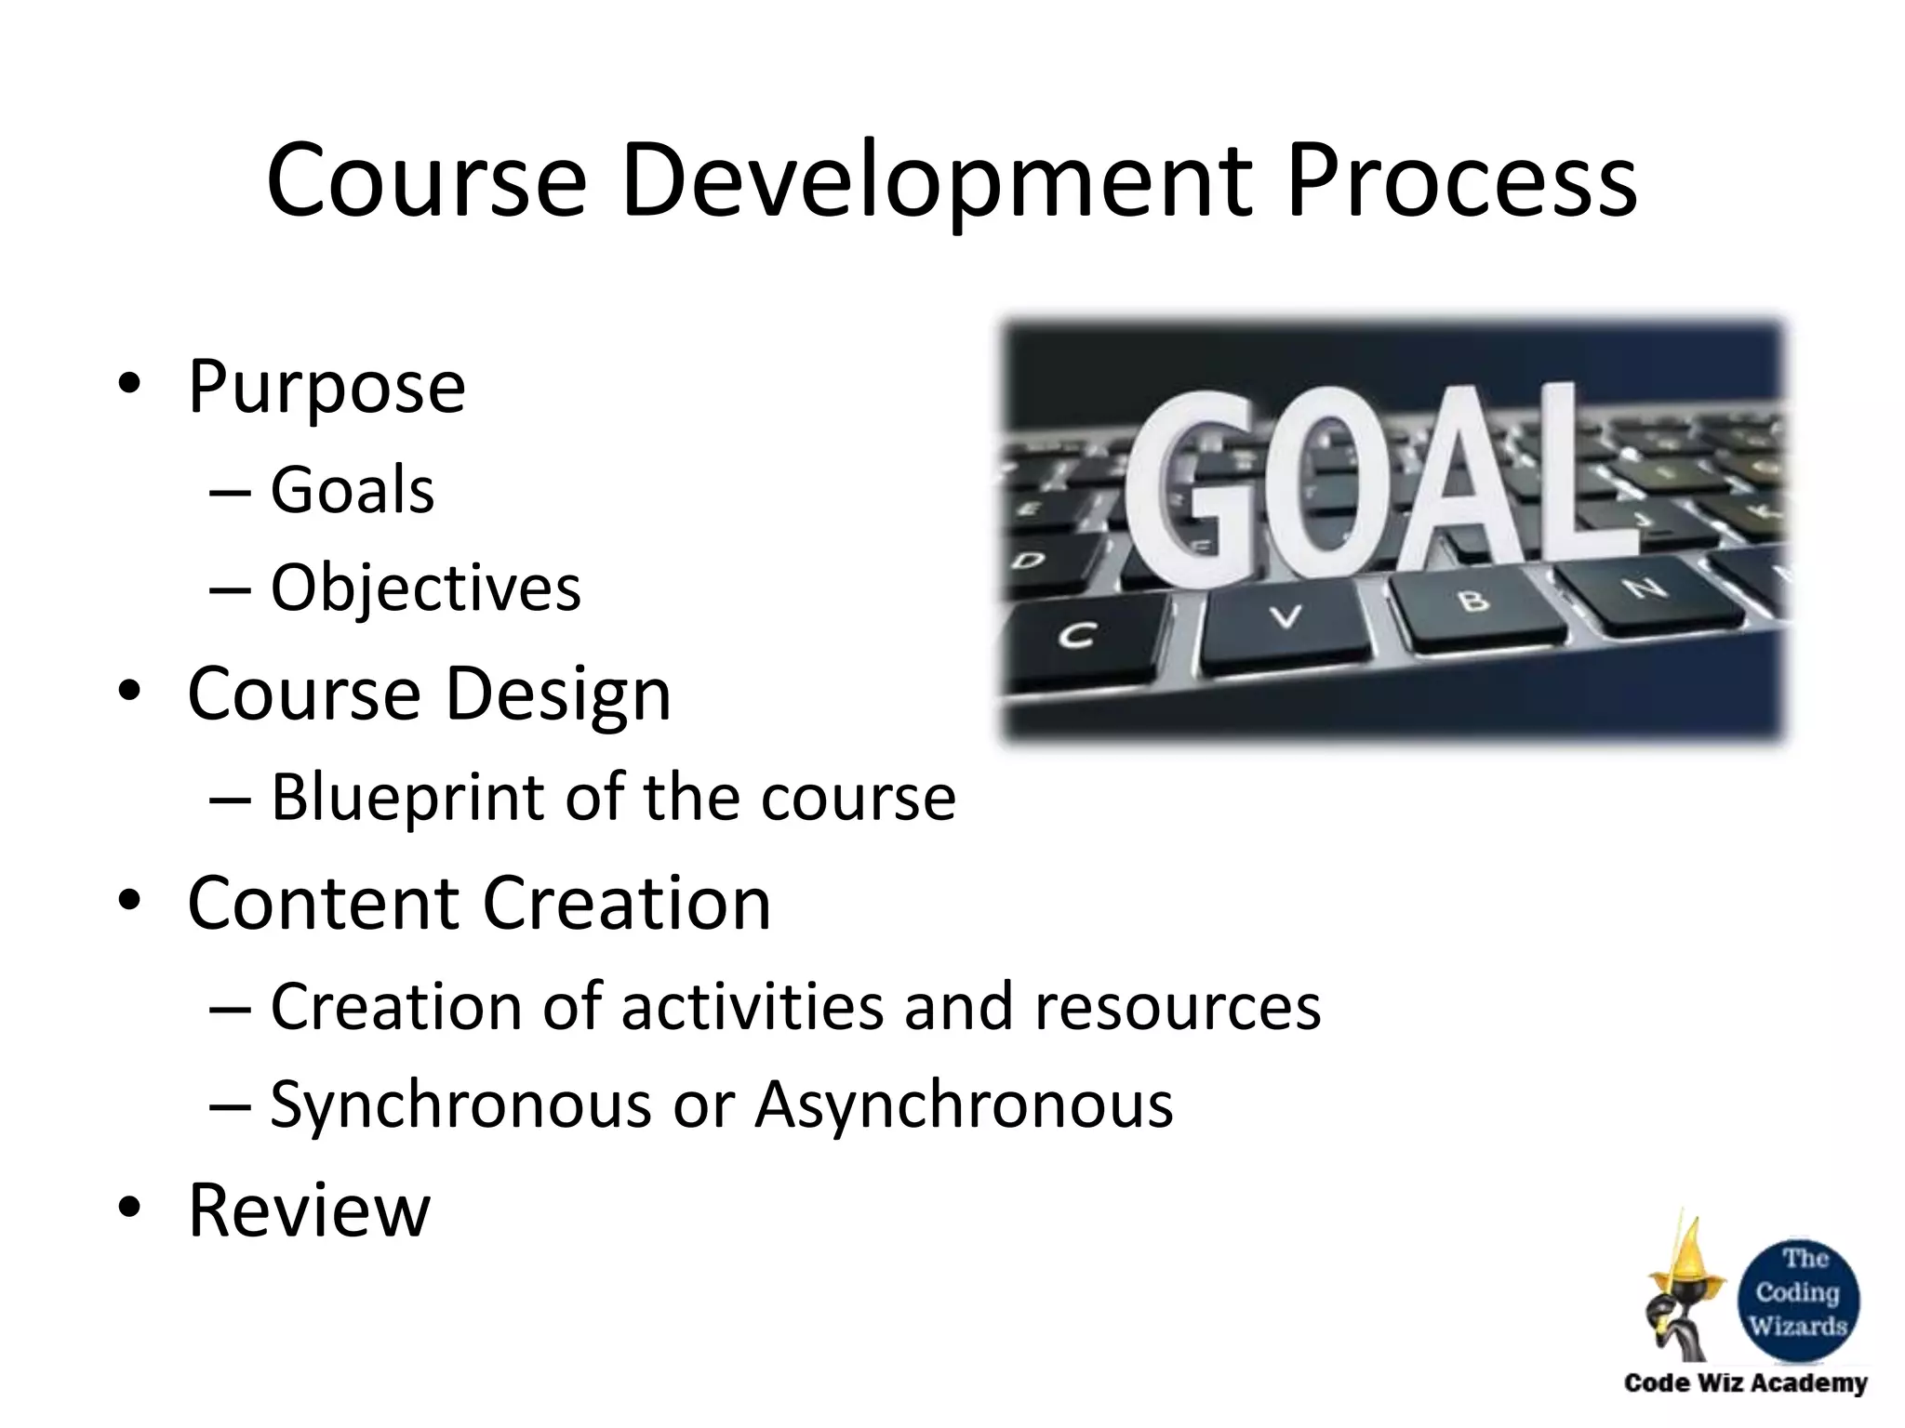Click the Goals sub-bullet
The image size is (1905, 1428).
point(352,490)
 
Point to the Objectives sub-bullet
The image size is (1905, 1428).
point(425,588)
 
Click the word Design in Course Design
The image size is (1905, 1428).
point(557,694)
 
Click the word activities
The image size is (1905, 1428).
point(752,1007)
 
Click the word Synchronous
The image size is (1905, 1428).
point(460,1105)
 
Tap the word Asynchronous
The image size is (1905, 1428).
point(964,1105)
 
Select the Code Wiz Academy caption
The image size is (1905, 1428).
point(1745,1383)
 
